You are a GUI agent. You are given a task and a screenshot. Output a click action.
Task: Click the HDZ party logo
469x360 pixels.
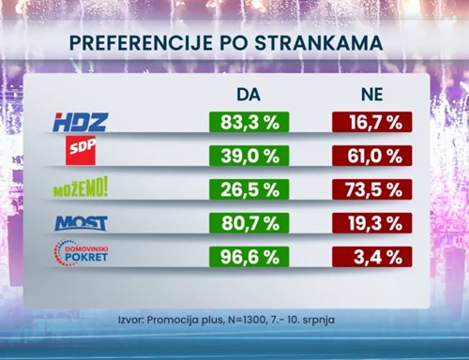(x=81, y=122)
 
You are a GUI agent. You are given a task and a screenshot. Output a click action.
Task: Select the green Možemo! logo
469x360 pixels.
(x=81, y=187)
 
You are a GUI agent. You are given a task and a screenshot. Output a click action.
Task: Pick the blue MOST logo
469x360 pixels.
(x=82, y=223)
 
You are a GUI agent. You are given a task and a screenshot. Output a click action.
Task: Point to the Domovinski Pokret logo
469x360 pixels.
(x=82, y=254)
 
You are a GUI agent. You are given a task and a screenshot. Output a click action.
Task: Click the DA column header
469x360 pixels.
(x=249, y=95)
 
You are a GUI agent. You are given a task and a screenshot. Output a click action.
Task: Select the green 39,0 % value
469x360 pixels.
(x=249, y=157)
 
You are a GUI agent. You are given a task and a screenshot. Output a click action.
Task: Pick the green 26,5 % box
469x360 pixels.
(x=249, y=190)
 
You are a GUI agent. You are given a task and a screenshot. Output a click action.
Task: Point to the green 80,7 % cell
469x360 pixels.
(x=249, y=224)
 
